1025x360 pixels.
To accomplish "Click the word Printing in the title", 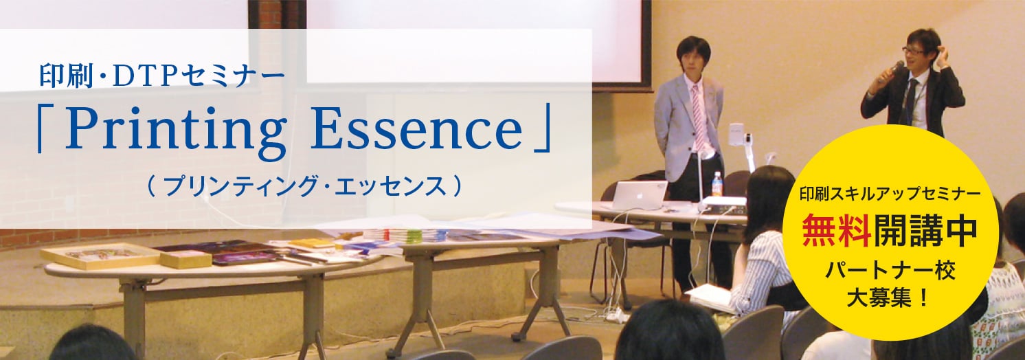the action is click(175, 131).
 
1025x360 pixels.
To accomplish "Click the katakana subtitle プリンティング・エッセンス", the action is click(305, 187).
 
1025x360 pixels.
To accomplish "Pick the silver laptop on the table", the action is click(640, 196).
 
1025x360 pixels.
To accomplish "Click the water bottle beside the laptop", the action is click(717, 184).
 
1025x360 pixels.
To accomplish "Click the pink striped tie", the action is click(698, 117).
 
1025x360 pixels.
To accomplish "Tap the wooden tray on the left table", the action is click(100, 256).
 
